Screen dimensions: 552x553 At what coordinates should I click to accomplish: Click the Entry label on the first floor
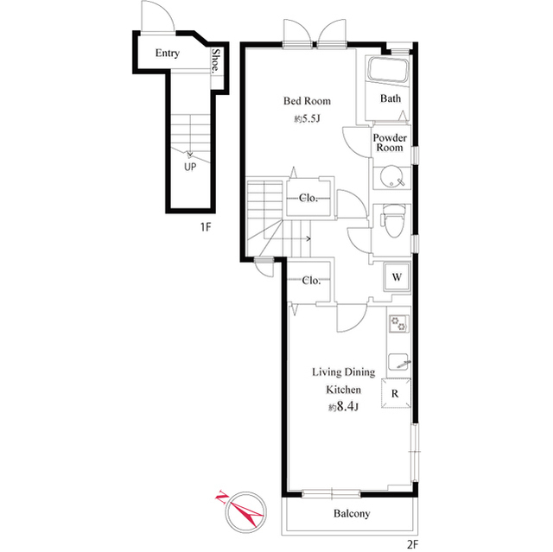click(x=168, y=54)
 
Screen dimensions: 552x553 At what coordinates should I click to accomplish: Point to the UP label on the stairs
click(x=188, y=168)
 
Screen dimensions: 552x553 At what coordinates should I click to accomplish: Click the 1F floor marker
click(x=206, y=227)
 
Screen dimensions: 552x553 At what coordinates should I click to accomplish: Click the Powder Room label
click(x=390, y=143)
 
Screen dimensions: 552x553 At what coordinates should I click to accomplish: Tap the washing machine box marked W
click(x=397, y=278)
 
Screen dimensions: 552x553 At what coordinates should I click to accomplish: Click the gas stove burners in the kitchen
click(x=399, y=326)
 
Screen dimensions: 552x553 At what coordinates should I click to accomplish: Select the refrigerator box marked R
click(x=396, y=394)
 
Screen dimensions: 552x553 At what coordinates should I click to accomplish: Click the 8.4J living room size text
click(x=343, y=407)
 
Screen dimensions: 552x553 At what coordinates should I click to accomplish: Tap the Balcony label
click(x=352, y=514)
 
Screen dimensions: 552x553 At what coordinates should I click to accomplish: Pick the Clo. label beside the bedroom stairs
click(x=309, y=198)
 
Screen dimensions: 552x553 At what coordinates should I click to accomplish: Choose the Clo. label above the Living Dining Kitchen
click(x=312, y=281)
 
